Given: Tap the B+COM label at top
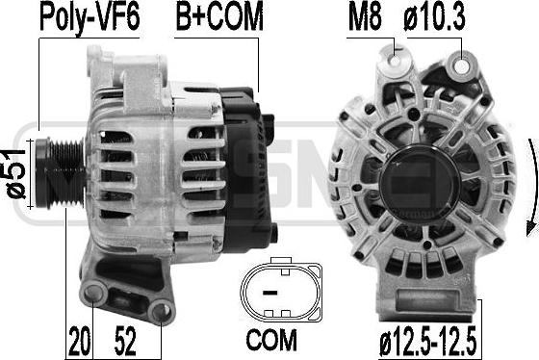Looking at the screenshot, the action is point(219,15).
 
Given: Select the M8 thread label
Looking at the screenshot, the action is point(365,16).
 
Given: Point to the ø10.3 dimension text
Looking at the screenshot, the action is point(434,16).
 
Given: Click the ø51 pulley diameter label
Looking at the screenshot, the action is point(16,174).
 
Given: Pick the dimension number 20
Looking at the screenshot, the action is point(80,341).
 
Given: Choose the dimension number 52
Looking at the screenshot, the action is point(125,341).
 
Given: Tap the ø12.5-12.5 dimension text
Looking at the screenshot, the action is point(428,342).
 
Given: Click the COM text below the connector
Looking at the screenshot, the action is point(271,340).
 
